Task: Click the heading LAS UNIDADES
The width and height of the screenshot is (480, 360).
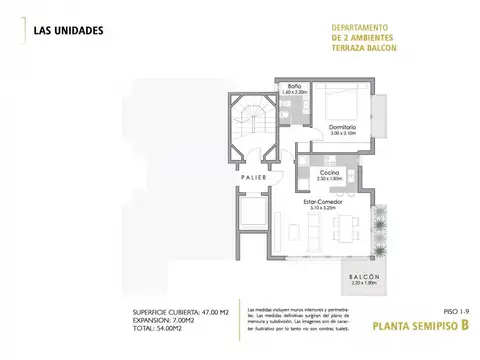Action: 67,29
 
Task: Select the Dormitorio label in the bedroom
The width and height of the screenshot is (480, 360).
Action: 342,140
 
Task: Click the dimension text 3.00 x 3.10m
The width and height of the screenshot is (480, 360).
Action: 342,146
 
